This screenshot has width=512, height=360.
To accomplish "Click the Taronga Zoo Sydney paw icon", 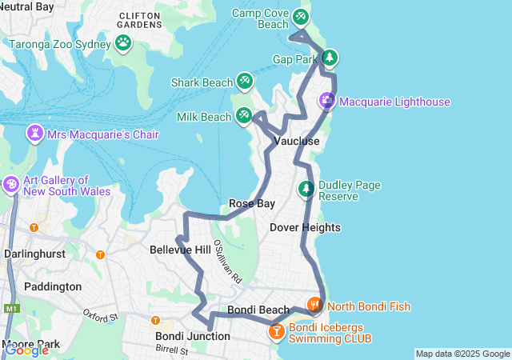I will [123, 42].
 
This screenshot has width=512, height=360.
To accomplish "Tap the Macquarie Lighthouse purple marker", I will [327, 101].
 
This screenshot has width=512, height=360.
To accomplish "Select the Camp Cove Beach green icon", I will [300, 16].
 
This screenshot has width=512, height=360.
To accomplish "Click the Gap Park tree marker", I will [330, 58].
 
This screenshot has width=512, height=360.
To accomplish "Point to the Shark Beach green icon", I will [245, 81].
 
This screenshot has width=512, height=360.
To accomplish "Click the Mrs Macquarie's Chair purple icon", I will [35, 133].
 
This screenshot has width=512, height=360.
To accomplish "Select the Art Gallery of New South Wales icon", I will [11, 184].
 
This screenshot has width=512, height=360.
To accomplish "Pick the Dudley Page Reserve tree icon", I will [306, 190].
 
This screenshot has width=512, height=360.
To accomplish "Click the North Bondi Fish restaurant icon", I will [314, 304].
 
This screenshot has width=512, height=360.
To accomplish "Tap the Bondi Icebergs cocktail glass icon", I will [276, 330].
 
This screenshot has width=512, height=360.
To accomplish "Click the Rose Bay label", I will [252, 203].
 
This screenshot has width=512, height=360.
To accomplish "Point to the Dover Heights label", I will [305, 227].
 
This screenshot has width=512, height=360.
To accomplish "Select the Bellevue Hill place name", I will [180, 250].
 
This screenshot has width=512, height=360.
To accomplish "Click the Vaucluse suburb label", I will [297, 141].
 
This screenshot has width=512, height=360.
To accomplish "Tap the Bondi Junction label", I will [192, 336].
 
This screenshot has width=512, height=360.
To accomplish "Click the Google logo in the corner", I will [26, 350].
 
